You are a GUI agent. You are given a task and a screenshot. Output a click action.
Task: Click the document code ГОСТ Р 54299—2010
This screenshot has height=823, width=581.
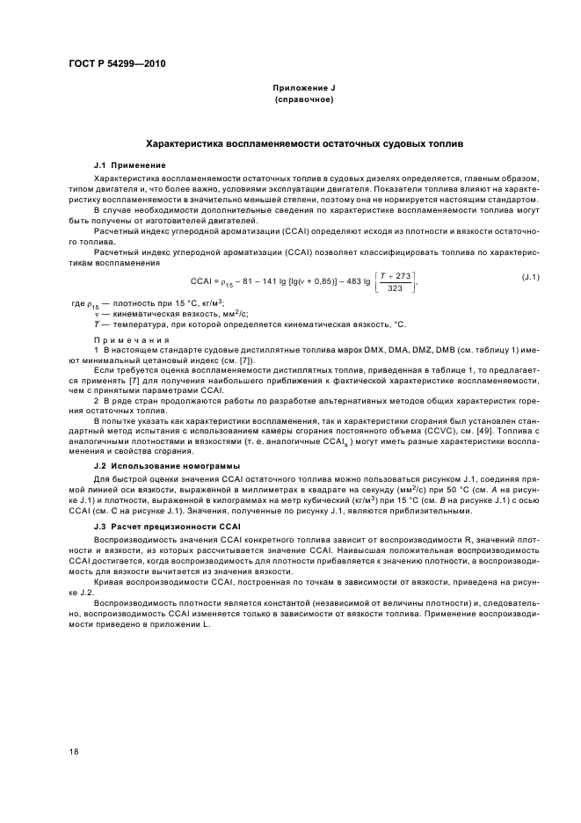click(117, 64)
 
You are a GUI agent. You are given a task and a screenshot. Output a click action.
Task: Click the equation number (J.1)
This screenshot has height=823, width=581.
click(530, 278)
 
